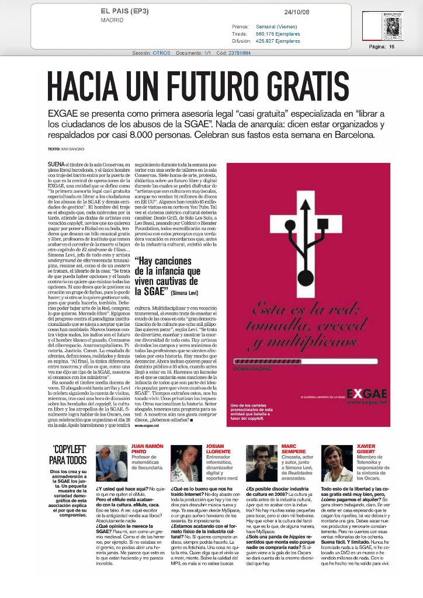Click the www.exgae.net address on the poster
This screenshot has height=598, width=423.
[x=366, y=403]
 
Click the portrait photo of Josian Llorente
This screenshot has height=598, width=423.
[x=186, y=463]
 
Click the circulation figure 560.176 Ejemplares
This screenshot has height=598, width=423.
[x=278, y=34]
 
